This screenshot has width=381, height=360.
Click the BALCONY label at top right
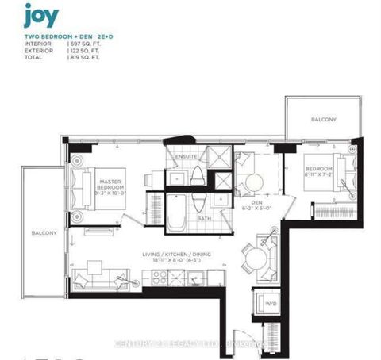click(x=323, y=120)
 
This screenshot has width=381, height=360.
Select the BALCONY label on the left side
click(x=44, y=233)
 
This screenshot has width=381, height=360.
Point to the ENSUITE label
click(x=187, y=156)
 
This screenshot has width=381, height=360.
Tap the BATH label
click(x=204, y=218)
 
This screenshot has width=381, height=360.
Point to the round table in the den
click(x=255, y=182)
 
